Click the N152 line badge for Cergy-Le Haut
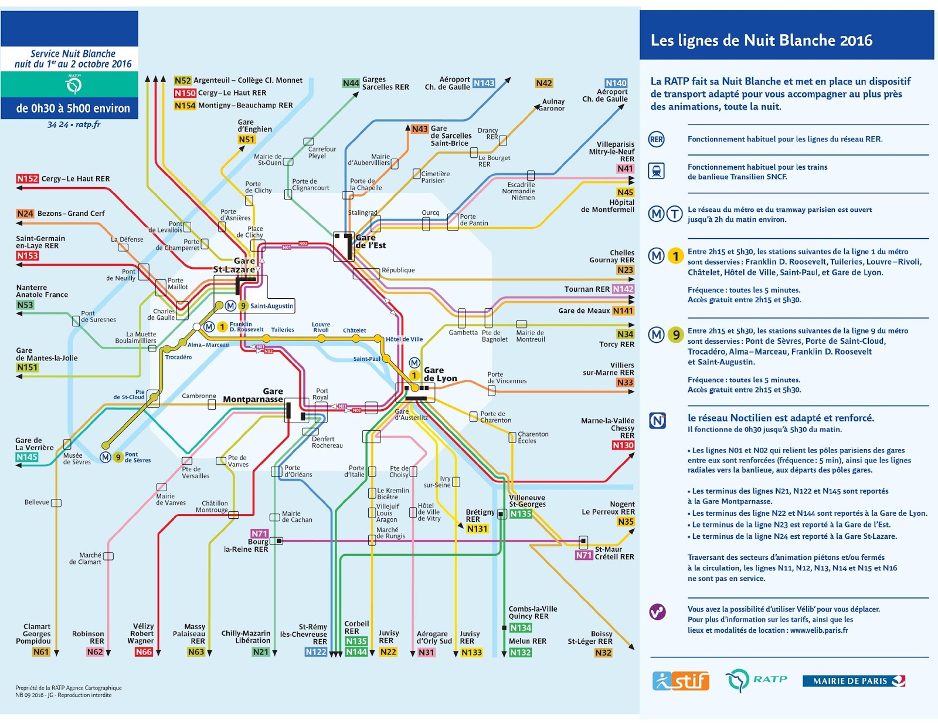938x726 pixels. pyautogui.click(x=27, y=178)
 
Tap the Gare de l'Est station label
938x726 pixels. pyautogui.click(x=371, y=241)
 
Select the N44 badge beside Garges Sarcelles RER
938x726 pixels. pyautogui.click(x=351, y=83)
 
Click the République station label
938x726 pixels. pyautogui.click(x=398, y=270)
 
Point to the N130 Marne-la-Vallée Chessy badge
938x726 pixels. pyautogui.click(x=623, y=445)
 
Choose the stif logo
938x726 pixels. pyautogui.click(x=680, y=681)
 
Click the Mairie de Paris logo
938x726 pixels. pyautogui.click(x=854, y=681)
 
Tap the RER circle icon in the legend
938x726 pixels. pyautogui.click(x=656, y=139)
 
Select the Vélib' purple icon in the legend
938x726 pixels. pyautogui.click(x=657, y=612)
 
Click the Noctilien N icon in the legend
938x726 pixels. pyautogui.click(x=657, y=421)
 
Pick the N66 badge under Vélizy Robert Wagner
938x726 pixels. pyautogui.click(x=144, y=651)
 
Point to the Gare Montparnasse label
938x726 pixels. pyautogui.click(x=253, y=396)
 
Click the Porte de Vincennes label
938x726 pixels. pyautogui.click(x=507, y=377)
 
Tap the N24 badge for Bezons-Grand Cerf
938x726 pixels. pyautogui.click(x=25, y=214)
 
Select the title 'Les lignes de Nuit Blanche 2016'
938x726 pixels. pyautogui.click(x=761, y=40)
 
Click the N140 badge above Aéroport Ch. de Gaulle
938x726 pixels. pyautogui.click(x=616, y=83)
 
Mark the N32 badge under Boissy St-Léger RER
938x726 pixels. pyautogui.click(x=603, y=653)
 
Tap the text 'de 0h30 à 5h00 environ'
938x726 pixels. pyautogui.click(x=73, y=108)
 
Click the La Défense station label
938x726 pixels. pyautogui.click(x=127, y=239)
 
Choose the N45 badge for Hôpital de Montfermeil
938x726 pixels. pyautogui.click(x=625, y=192)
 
